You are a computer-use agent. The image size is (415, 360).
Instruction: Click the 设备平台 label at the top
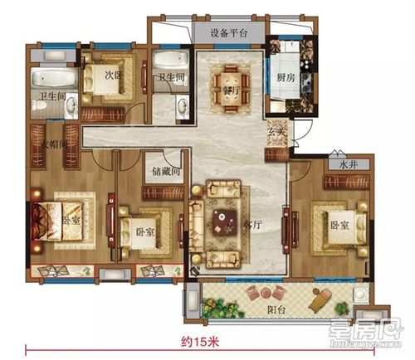coord(228,34)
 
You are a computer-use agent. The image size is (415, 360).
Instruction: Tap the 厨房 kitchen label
coord(287,80)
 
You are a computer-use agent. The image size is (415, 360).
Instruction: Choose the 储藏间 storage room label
coord(166,173)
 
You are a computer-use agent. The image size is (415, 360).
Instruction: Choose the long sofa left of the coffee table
coord(197,225)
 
